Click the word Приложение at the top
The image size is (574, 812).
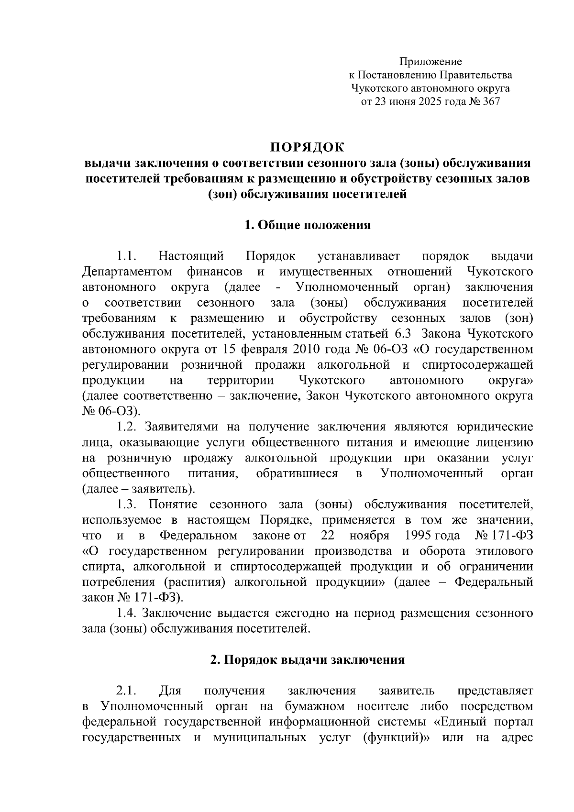430,62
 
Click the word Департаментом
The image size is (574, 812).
127,273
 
